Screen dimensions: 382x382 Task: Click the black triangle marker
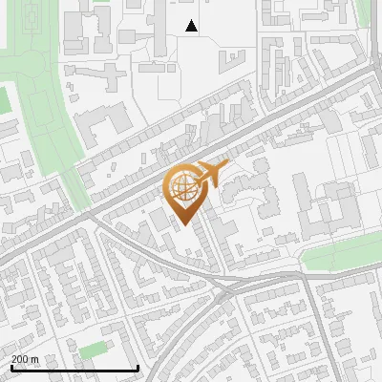[192, 26]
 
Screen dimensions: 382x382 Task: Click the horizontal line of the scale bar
[74, 369]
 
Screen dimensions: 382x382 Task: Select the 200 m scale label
[25, 359]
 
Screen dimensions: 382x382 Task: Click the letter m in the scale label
[34, 359]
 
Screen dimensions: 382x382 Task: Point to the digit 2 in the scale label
[14, 359]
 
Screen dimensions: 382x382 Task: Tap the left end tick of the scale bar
[11, 367]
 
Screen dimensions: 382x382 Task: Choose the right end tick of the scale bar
[138, 367]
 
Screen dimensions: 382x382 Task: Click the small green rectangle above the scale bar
[92, 350]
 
